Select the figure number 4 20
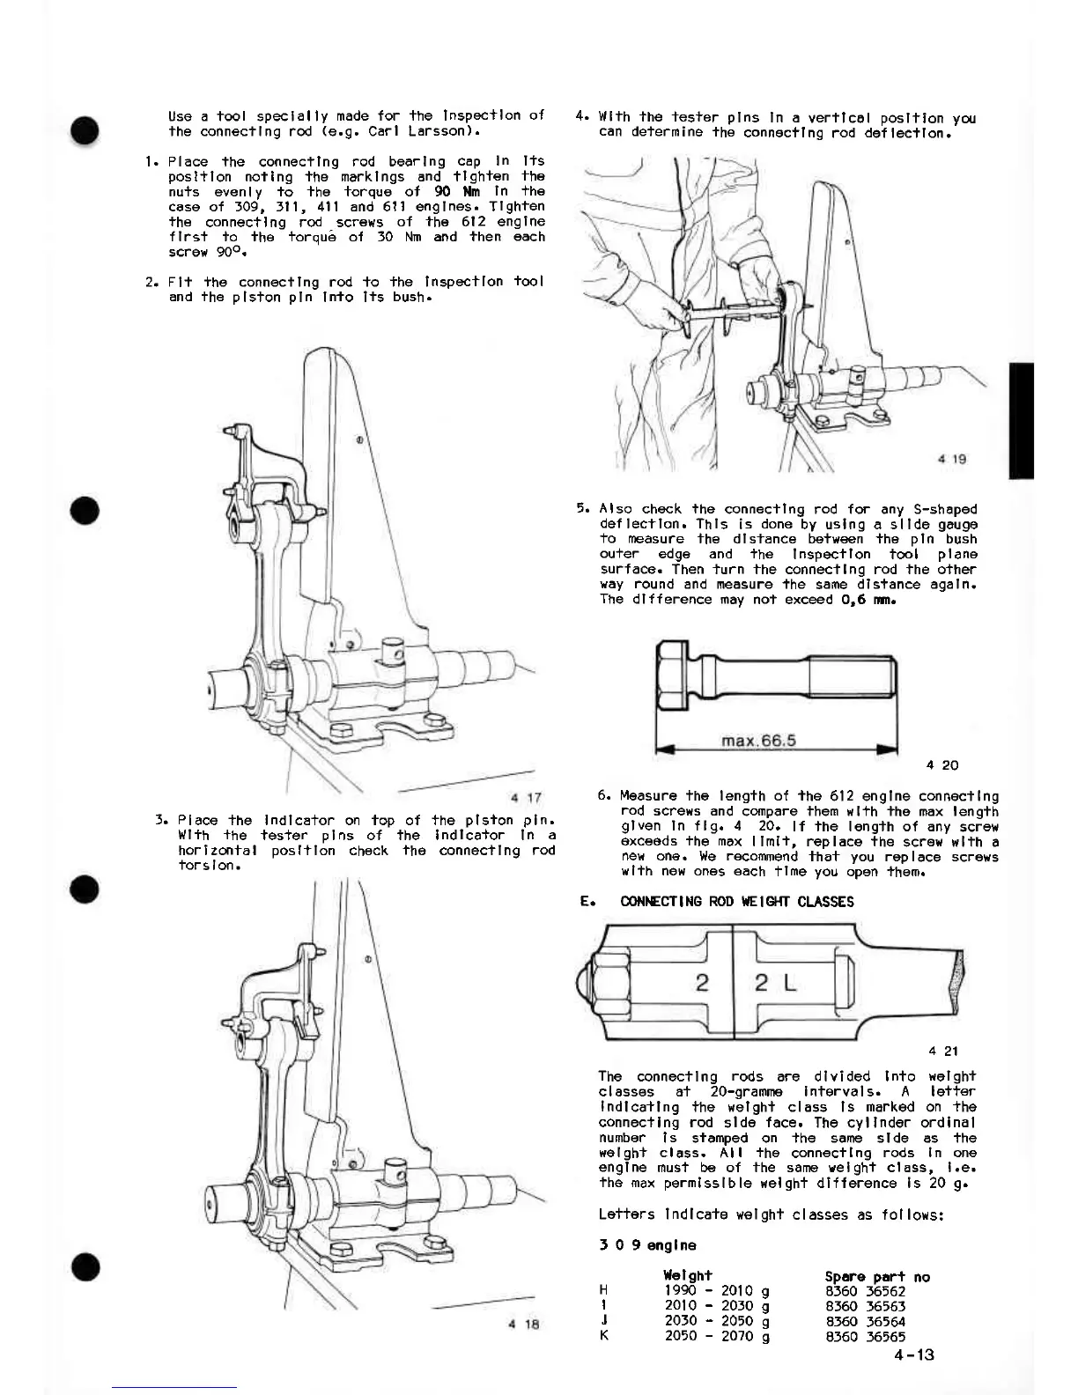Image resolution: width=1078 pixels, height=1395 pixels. (x=943, y=765)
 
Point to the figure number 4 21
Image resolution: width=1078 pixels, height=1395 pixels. (x=943, y=1051)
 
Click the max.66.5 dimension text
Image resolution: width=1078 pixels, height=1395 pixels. (x=758, y=741)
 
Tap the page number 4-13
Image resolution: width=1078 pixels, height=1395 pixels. (x=912, y=1354)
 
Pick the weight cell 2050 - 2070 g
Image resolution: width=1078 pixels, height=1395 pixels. (x=717, y=1336)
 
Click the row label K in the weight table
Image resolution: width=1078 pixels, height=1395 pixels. (x=604, y=1336)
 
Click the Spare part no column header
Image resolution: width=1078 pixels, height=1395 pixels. (x=876, y=1276)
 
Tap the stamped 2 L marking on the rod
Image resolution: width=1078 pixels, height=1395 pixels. (x=775, y=984)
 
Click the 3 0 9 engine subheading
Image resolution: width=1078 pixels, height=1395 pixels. (x=646, y=1245)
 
